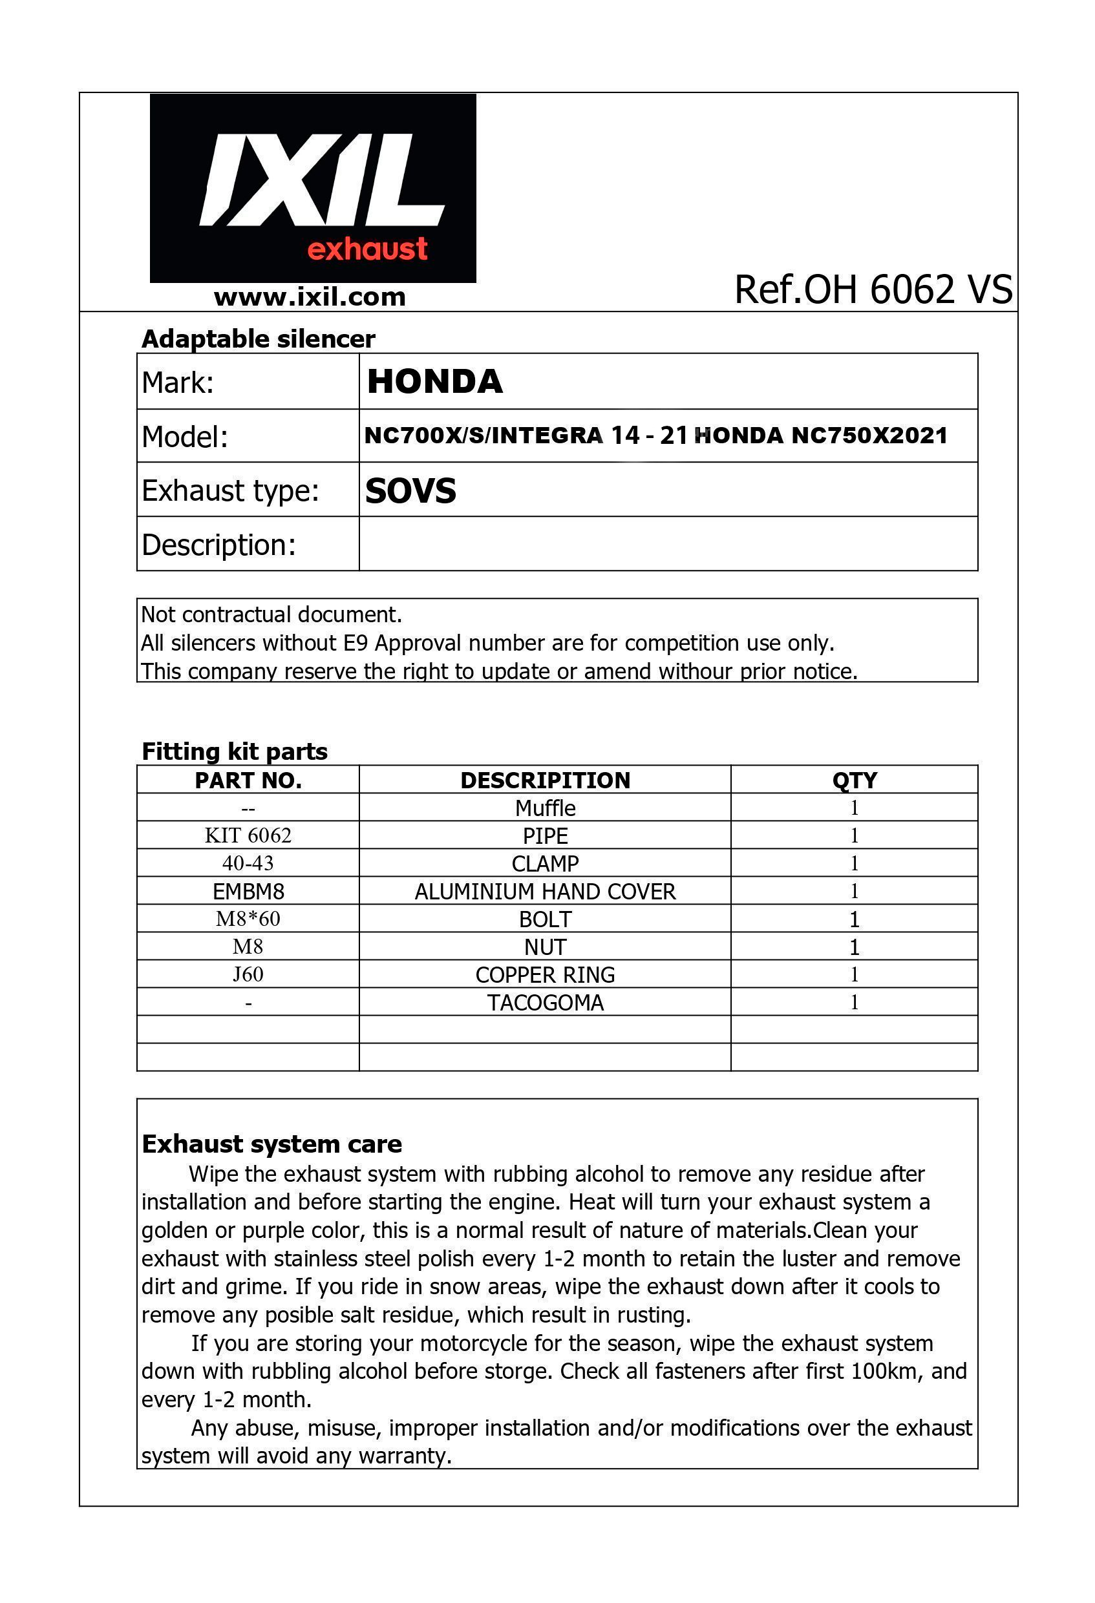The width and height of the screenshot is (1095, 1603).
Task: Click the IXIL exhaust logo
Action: (x=313, y=188)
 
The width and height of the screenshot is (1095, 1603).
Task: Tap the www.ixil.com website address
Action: (x=310, y=297)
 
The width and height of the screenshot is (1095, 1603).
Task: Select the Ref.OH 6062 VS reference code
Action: (x=873, y=289)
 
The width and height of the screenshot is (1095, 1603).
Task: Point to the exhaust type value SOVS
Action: (x=410, y=491)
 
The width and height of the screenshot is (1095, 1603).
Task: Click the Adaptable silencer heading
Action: (x=258, y=339)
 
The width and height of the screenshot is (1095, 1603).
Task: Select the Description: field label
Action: (x=218, y=545)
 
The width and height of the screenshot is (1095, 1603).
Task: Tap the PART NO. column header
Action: (x=248, y=780)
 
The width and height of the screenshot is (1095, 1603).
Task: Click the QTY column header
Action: (x=854, y=780)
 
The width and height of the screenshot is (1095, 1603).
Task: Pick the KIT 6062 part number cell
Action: (x=248, y=836)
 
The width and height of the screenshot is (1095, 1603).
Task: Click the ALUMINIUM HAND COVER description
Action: (x=545, y=892)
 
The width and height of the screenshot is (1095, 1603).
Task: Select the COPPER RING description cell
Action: (x=545, y=974)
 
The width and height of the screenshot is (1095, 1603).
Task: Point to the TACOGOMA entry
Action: (x=545, y=1003)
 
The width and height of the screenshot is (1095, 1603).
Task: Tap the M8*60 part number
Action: (x=248, y=919)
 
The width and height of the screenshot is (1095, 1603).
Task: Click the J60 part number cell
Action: (x=248, y=974)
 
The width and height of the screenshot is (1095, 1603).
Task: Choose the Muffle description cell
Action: (x=545, y=808)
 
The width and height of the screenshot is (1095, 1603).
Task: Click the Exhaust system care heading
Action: (x=272, y=1144)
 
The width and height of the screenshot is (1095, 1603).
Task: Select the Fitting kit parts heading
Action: (x=235, y=751)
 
